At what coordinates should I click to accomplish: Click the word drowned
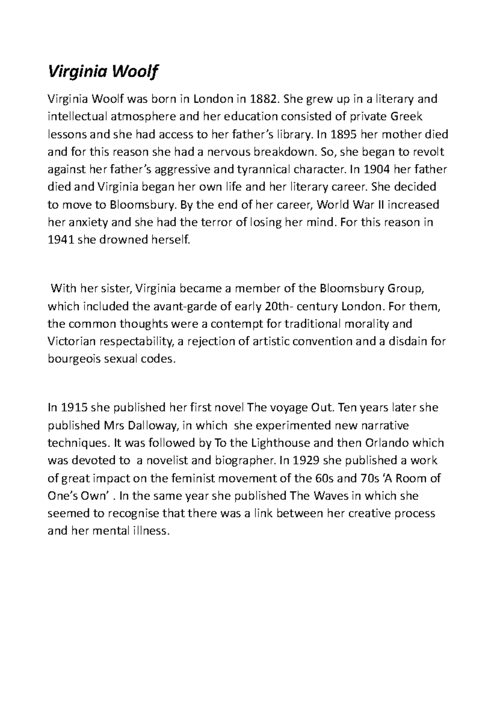click(126, 240)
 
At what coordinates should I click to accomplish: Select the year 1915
click(74, 408)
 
